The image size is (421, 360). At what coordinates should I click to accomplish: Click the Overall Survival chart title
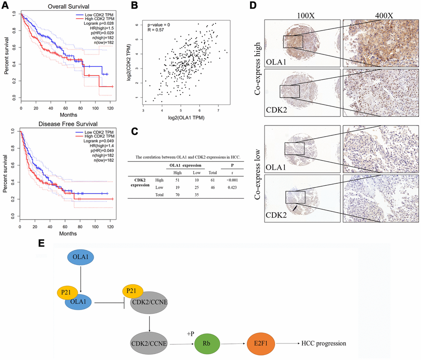click(67, 7)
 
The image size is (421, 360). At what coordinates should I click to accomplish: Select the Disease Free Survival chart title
click(67, 123)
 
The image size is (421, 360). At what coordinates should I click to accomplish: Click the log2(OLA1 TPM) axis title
click(186, 118)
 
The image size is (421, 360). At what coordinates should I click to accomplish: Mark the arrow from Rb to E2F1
click(234, 343)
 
